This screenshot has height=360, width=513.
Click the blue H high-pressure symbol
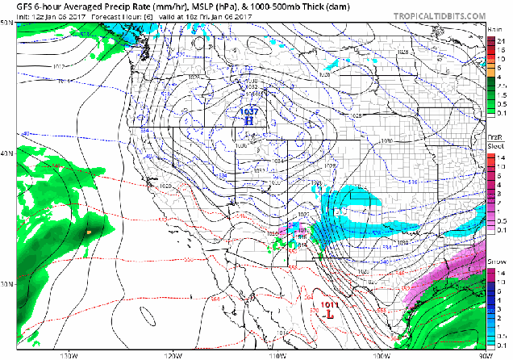coord(249,119)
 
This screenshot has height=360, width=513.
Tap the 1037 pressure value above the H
coord(249,111)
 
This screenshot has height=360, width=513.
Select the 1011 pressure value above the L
coord(330,303)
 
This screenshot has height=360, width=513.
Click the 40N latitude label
coord(6,153)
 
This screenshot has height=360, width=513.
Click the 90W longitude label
coord(483,355)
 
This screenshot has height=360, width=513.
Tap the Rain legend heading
coord(495,29)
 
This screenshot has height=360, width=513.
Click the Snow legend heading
coord(496,262)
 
